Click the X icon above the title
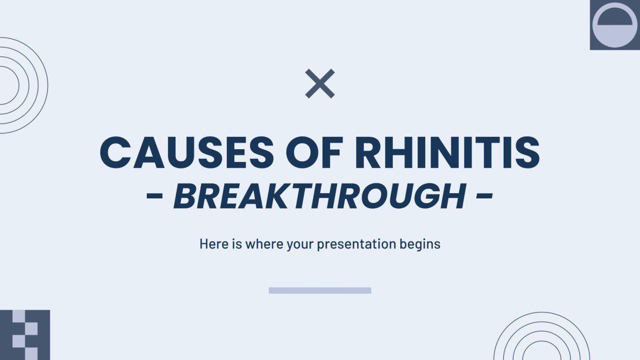click(320, 84)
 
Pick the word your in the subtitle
click(300, 244)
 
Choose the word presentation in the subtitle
click(356, 244)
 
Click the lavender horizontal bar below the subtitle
click(320, 290)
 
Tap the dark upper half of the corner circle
click(615, 17)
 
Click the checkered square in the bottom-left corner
click(25, 335)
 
